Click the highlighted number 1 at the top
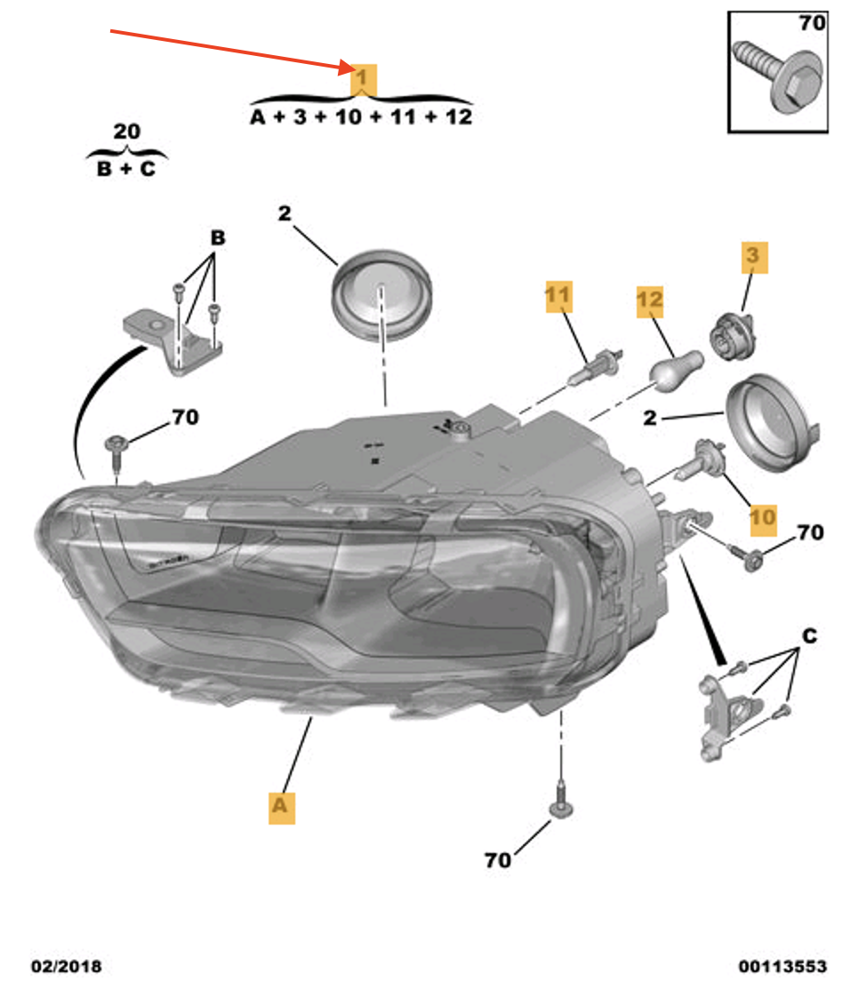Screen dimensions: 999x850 [x=361, y=80]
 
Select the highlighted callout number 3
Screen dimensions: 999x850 [x=752, y=258]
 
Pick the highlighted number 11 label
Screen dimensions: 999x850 [x=558, y=298]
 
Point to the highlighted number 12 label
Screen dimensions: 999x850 [x=650, y=302]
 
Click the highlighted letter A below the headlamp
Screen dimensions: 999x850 [x=281, y=805]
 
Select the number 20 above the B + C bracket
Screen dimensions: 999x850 [x=126, y=132]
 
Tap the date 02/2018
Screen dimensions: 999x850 [x=67, y=966]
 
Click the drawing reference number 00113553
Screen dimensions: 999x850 [x=782, y=966]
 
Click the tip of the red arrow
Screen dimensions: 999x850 [x=352, y=68]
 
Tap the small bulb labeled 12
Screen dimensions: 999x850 [x=678, y=366]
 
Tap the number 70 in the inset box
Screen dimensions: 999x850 [x=811, y=24]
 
